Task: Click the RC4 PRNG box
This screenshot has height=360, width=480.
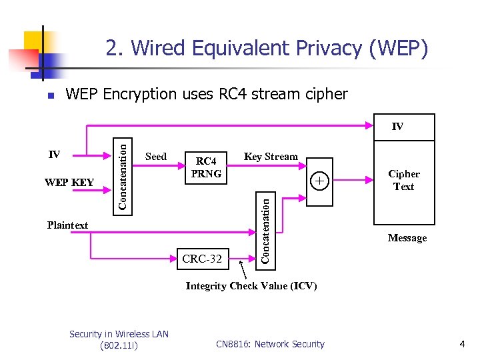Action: (206, 168)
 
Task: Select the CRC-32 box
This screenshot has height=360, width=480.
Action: (203, 259)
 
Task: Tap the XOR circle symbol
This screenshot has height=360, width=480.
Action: (319, 181)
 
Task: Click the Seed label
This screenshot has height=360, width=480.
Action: (156, 157)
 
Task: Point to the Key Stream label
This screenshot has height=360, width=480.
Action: (271, 157)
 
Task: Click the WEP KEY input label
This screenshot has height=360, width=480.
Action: (69, 183)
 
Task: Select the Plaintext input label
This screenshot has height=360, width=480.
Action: (67, 225)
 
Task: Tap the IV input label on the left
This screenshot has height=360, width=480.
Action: (54, 154)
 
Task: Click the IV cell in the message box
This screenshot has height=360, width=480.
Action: (404, 127)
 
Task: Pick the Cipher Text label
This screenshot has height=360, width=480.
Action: (404, 180)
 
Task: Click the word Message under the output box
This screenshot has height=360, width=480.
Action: (407, 238)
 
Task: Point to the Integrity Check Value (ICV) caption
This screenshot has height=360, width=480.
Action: (251, 286)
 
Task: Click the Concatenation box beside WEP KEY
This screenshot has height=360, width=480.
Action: (123, 177)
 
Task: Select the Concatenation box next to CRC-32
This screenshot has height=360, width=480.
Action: (265, 231)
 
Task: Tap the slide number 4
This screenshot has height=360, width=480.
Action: (462, 344)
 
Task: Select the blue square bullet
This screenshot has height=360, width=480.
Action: (51, 96)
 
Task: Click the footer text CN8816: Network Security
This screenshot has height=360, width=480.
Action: (270, 344)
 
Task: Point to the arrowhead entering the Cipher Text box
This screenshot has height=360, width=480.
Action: (369, 180)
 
